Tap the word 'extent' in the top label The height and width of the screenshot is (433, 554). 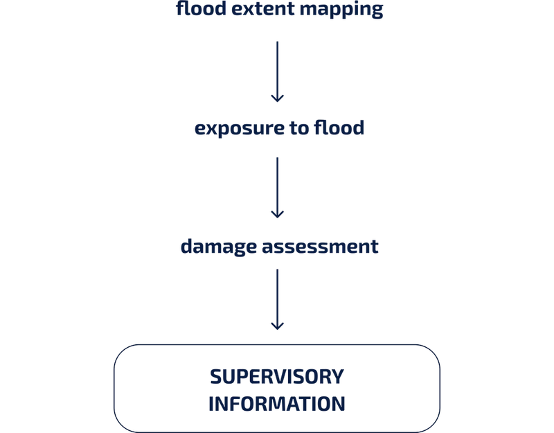pyautogui.click(x=263, y=9)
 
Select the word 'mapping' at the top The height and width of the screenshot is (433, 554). pyautogui.click(x=341, y=10)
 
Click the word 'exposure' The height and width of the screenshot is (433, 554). pyautogui.click(x=240, y=129)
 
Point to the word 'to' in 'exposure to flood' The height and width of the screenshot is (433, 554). pyautogui.click(x=299, y=128)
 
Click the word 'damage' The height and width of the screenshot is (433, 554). pyautogui.click(x=218, y=247)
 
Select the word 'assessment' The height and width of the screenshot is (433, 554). pyautogui.click(x=320, y=247)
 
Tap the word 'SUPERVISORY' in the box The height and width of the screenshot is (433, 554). pyautogui.click(x=277, y=376)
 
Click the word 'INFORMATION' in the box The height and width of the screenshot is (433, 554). pyautogui.click(x=277, y=404)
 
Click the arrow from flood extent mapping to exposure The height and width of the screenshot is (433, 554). pyautogui.click(x=278, y=72)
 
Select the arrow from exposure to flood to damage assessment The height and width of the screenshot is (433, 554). pyautogui.click(x=278, y=188)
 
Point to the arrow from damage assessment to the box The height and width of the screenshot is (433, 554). pyautogui.click(x=278, y=299)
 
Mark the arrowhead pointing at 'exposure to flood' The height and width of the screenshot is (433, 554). pyautogui.click(x=278, y=98)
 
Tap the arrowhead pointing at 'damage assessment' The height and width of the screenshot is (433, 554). pyautogui.click(x=278, y=215)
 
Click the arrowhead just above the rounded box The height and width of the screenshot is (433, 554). pyautogui.click(x=278, y=326)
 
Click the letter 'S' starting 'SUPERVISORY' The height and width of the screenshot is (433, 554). pyautogui.click(x=216, y=376)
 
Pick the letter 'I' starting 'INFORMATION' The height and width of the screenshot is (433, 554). pyautogui.click(x=211, y=404)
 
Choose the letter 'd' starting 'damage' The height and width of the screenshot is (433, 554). pyautogui.click(x=187, y=246)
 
